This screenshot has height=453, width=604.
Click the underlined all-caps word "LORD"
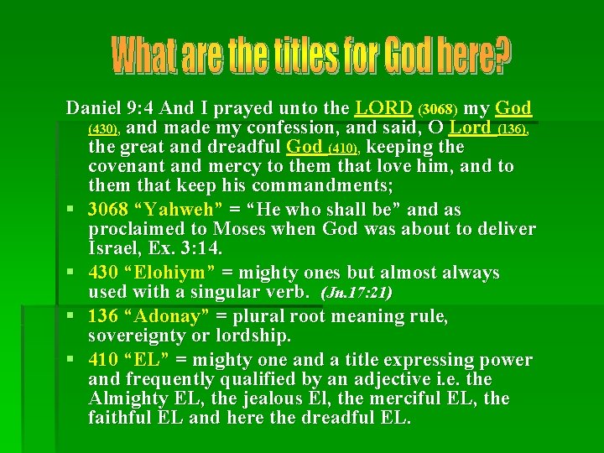tap(384, 109)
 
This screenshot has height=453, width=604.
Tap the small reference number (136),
tap(513, 130)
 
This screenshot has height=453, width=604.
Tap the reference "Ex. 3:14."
tap(190, 248)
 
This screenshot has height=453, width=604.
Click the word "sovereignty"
tap(141, 336)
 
